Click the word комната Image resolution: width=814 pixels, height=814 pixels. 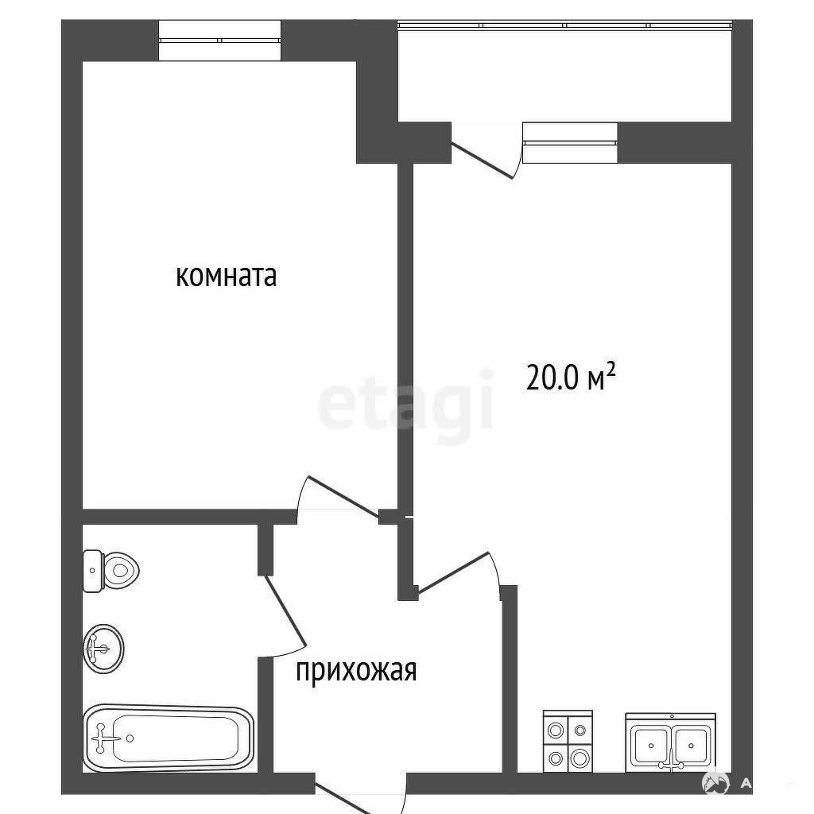226,276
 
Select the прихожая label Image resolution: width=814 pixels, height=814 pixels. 356,670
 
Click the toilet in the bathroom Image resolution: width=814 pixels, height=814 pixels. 111,571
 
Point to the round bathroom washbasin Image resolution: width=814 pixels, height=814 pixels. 103,649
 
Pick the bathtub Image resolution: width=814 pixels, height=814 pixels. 169,738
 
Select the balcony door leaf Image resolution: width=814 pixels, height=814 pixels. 482,161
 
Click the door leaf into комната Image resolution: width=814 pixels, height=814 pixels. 343,496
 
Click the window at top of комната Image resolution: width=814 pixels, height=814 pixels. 219,41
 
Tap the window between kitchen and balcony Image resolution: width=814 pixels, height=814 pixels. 570,142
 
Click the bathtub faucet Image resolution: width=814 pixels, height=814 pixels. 101,738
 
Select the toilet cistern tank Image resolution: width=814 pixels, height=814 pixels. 93,571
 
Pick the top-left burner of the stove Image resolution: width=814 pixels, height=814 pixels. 556,731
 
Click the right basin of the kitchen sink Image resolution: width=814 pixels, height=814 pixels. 692,745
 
